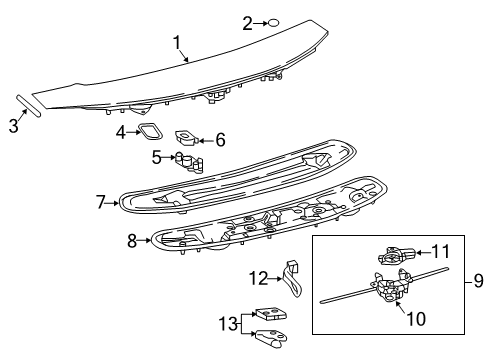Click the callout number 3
(13, 125)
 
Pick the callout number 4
(119, 131)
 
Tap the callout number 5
(156, 156)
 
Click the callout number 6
(220, 140)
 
